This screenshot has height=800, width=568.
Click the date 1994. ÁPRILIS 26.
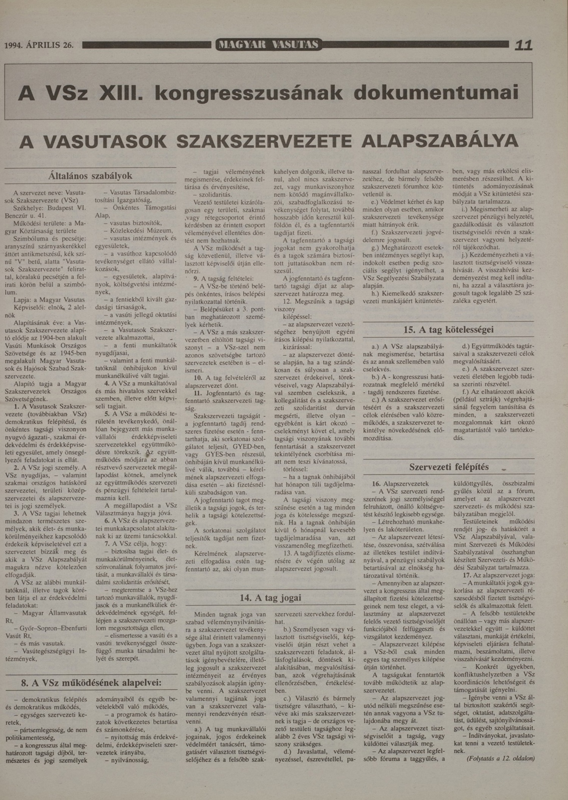pos(39,45)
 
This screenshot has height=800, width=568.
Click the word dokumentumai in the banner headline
pos(436,93)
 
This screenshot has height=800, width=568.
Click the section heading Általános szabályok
pos(90,176)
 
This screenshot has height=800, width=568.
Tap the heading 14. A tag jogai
pos(270,598)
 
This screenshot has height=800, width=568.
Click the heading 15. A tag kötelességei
pos(448,329)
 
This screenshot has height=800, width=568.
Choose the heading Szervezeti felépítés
pos(449,467)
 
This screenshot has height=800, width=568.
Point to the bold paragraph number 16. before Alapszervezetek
pos(376,484)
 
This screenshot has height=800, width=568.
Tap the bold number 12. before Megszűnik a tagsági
pos(287,301)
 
